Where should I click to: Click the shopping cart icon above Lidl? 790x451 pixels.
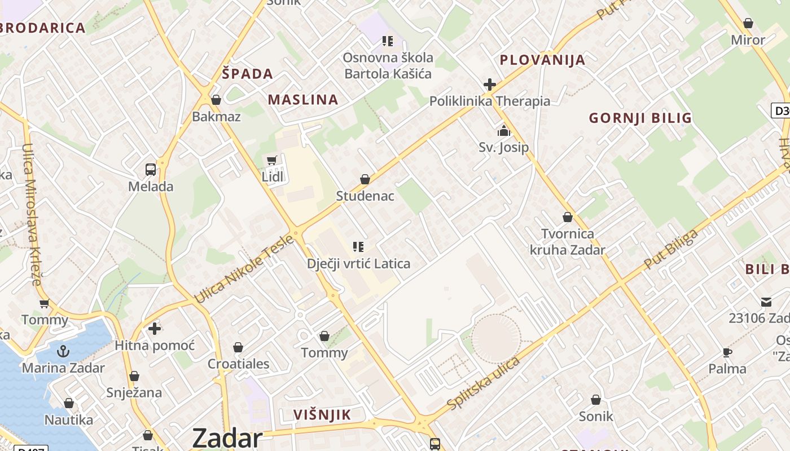(272, 161)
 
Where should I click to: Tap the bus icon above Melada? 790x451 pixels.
(151, 170)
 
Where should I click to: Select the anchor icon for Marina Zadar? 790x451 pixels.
(63, 351)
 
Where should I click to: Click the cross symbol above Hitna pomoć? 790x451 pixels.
(155, 328)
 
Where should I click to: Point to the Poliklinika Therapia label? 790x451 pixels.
(490, 101)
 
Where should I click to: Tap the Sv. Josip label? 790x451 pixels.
(504, 148)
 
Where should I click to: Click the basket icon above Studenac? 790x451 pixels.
(365, 180)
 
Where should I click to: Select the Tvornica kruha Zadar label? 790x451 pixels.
(568, 242)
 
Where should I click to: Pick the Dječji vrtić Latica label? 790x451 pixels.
(359, 263)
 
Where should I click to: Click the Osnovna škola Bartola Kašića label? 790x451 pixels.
(389, 65)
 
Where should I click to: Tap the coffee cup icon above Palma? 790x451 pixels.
(727, 352)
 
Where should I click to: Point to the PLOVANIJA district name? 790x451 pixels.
(542, 60)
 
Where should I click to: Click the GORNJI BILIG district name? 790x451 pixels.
(640, 118)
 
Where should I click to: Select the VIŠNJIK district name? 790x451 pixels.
(322, 415)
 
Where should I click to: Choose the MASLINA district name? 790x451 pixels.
(303, 100)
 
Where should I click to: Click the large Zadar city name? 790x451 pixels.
(227, 437)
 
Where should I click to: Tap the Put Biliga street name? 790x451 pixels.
(671, 249)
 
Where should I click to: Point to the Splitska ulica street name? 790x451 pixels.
(483, 383)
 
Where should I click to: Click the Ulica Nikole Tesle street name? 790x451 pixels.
(244, 269)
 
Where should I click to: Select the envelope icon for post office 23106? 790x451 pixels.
(766, 302)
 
